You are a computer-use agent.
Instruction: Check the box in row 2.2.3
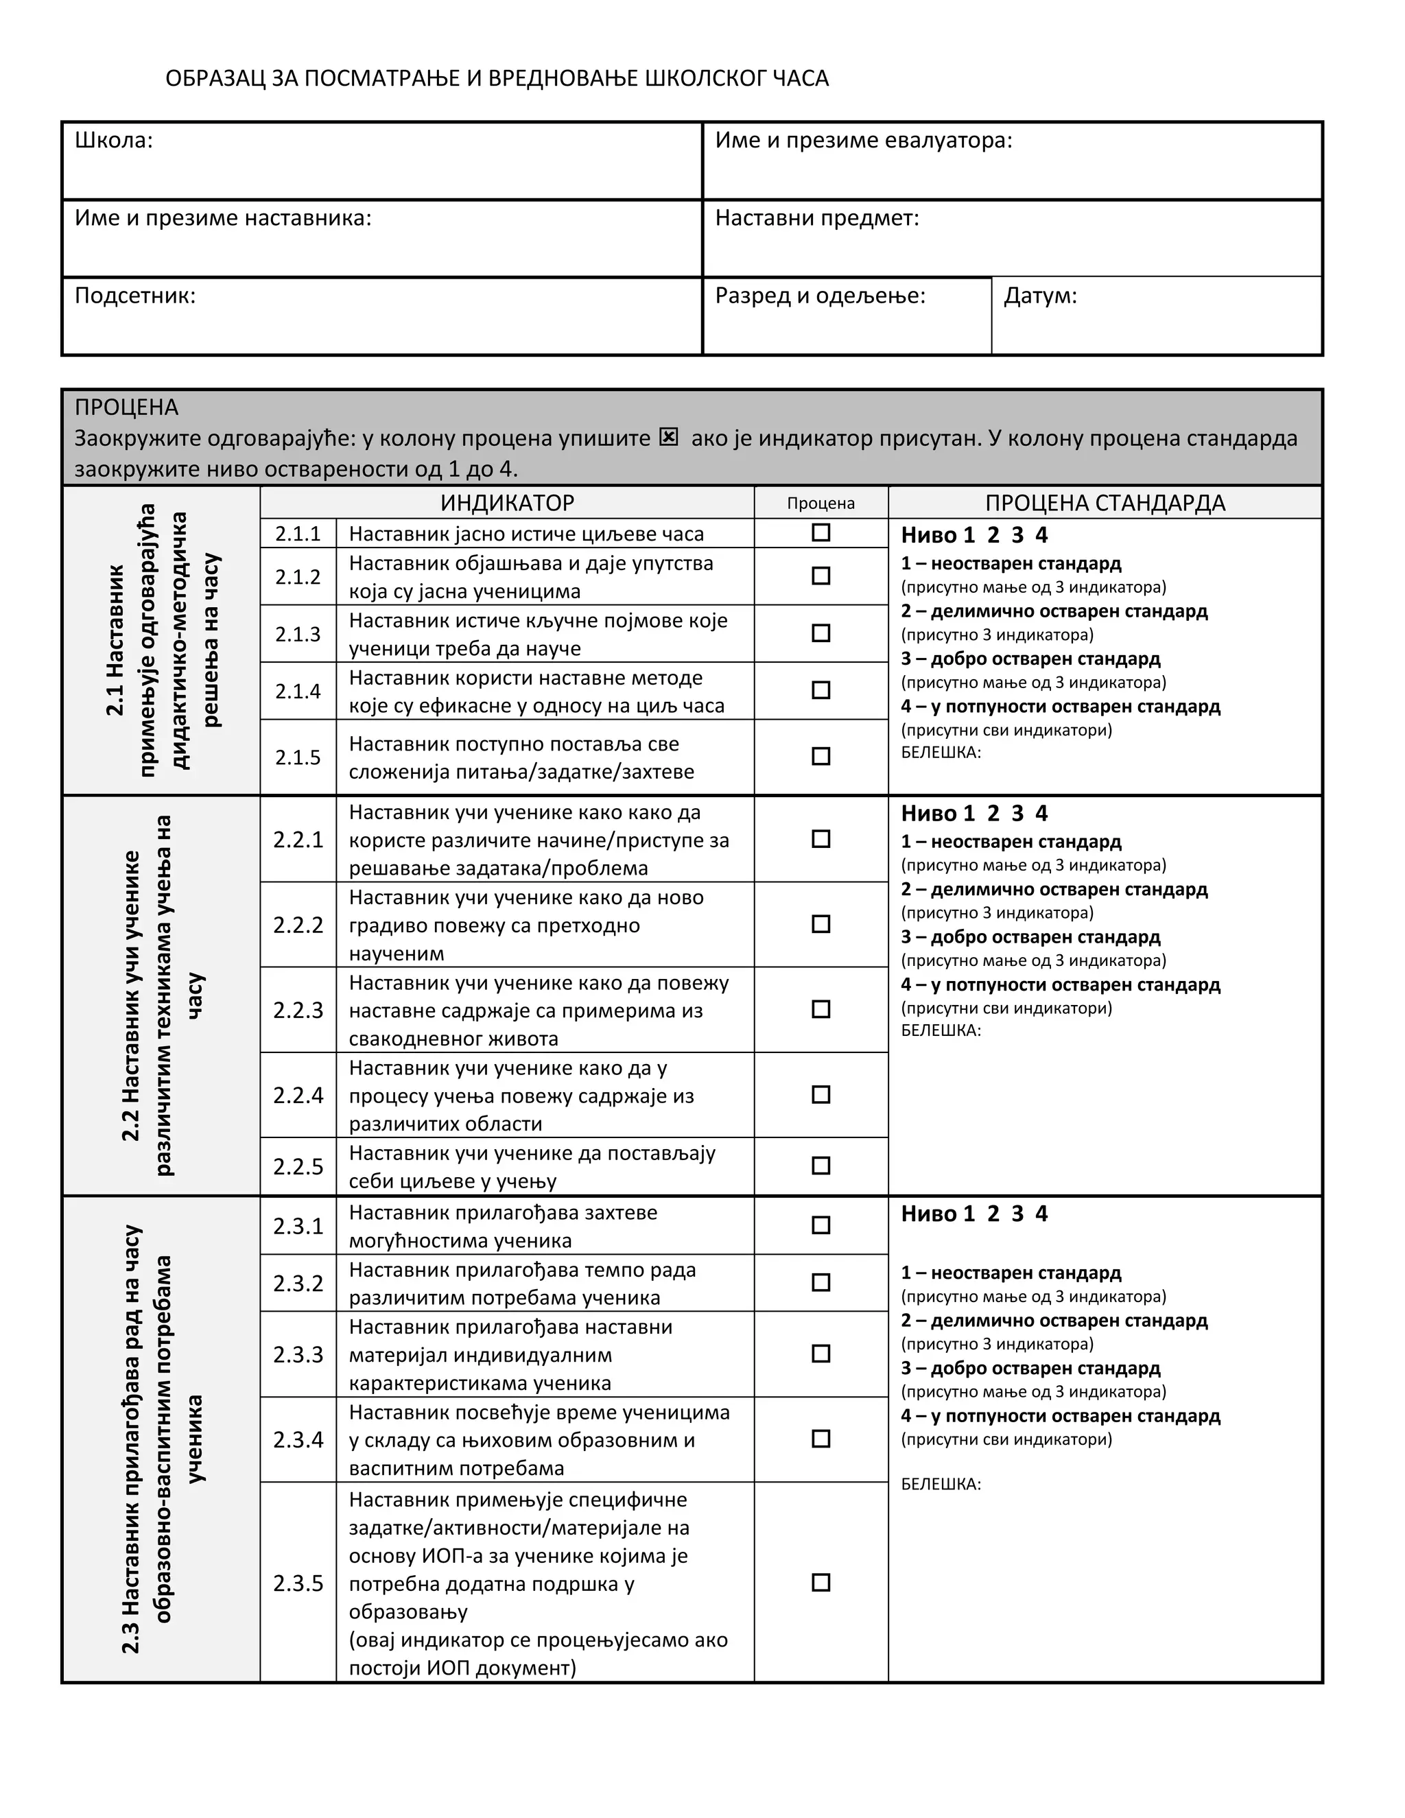pos(820,1009)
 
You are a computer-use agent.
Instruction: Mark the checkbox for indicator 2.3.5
pos(820,1583)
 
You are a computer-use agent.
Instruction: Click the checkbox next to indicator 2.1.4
pos(820,690)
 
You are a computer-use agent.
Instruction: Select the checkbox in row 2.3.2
pos(820,1282)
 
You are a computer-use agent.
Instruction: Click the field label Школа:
pos(114,140)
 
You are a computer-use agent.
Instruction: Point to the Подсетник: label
pos(135,296)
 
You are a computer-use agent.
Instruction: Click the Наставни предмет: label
pos(816,218)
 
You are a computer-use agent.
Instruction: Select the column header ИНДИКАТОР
pos(507,503)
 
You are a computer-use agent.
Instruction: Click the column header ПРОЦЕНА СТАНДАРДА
pos(1105,503)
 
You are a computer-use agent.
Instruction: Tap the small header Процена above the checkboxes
pos(820,504)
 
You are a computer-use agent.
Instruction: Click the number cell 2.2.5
pos(298,1166)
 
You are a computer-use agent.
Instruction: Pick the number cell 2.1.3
pos(298,635)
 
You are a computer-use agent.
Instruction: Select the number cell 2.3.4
pos(298,1439)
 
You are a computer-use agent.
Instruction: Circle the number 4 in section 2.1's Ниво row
pos(1041,535)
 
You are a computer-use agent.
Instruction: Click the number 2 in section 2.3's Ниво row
pos(993,1214)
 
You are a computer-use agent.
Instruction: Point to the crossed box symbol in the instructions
pos(668,437)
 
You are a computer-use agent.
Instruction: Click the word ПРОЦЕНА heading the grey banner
pos(126,407)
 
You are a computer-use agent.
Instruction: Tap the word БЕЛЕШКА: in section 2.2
pos(941,1030)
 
